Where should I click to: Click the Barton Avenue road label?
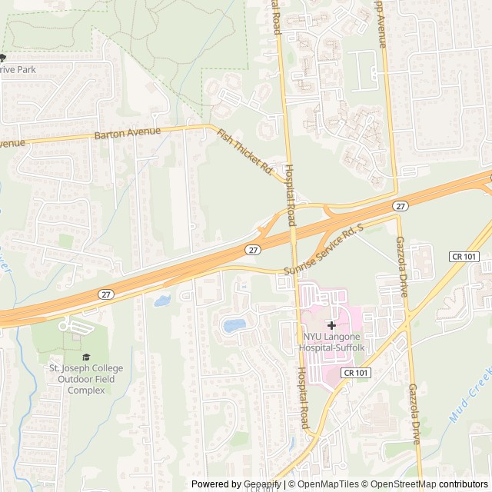pos(128,132)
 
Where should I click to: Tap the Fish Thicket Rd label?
pos(245,151)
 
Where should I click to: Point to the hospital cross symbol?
pos(331,326)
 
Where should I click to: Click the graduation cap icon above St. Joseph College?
pos(86,357)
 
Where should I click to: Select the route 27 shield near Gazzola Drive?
pos(401,206)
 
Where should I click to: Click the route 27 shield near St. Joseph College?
pos(106,294)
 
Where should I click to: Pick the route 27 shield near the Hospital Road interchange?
pos(254,250)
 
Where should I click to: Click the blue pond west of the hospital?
pos(234,325)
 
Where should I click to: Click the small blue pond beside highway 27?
pos(162,301)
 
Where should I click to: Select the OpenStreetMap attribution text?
pos(401,484)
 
